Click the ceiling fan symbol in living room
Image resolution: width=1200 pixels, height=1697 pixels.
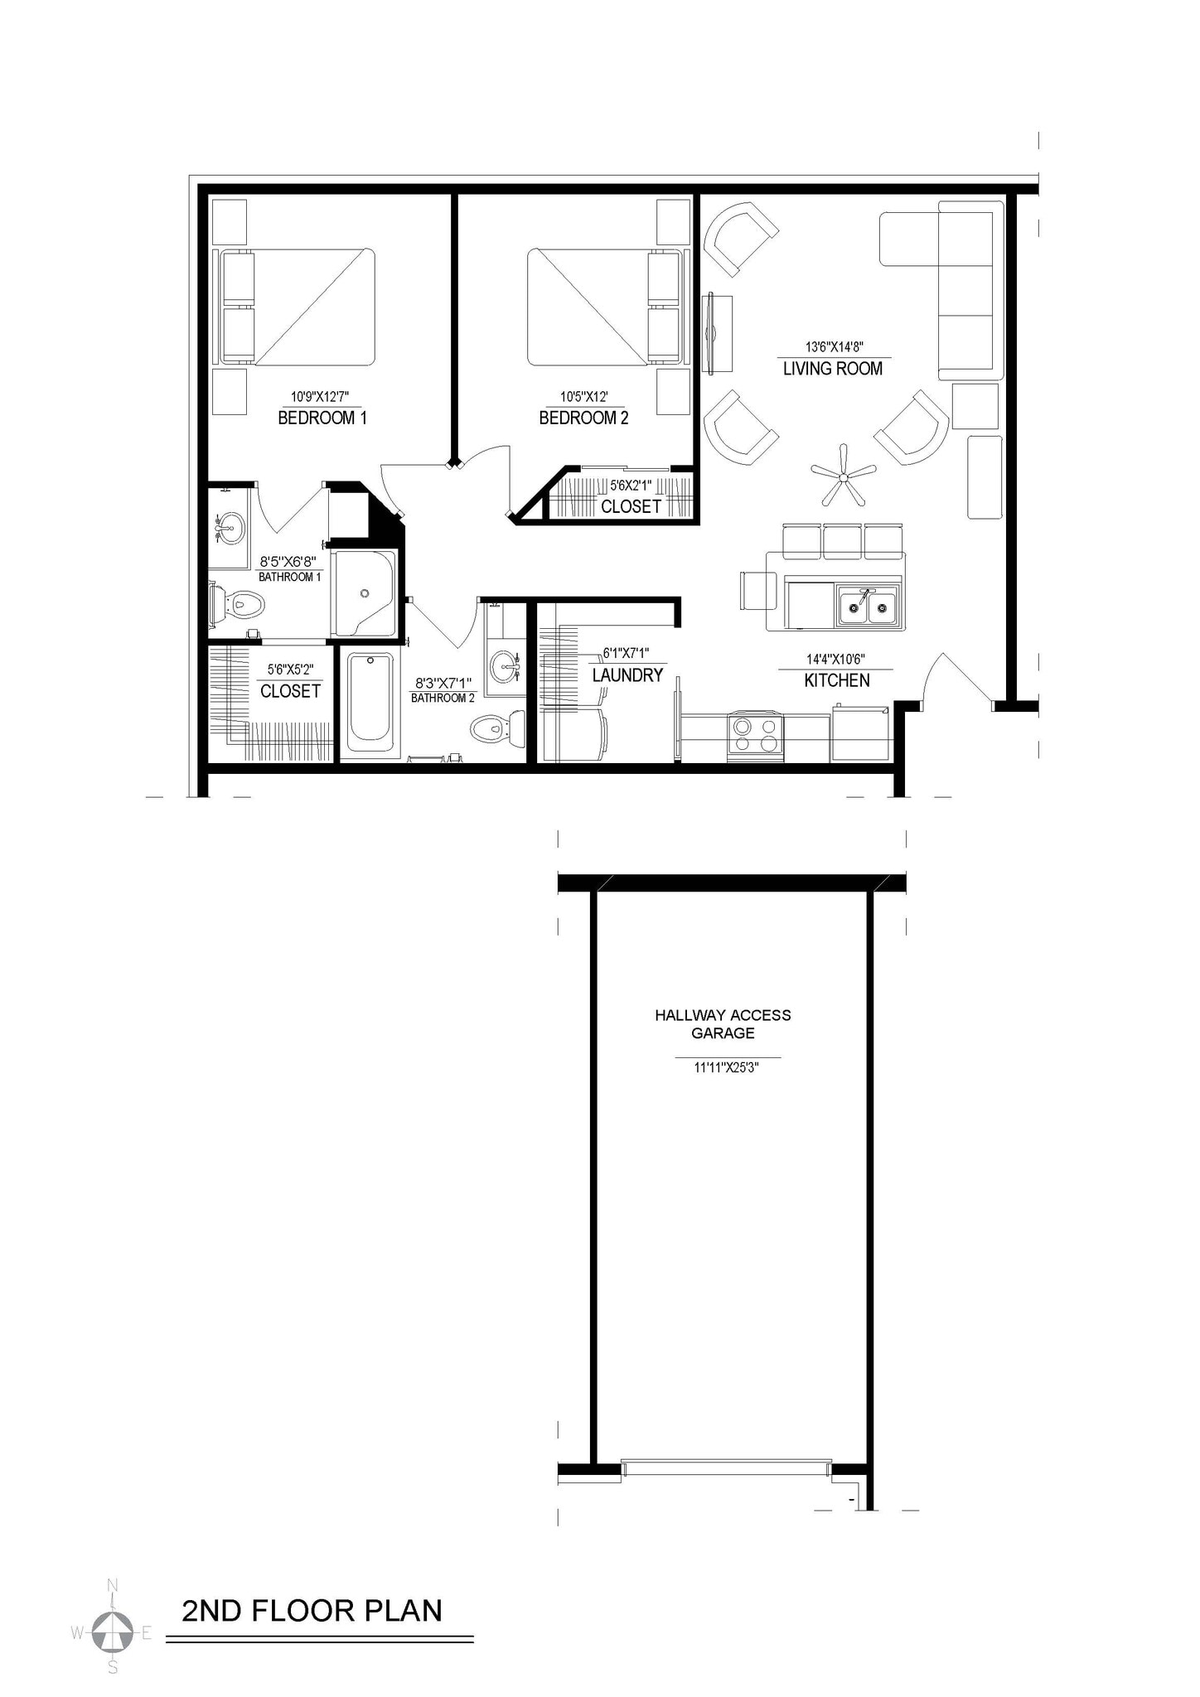click(x=843, y=476)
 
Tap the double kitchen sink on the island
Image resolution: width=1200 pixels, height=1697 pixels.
click(x=868, y=607)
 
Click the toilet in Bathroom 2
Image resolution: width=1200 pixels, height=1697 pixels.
click(x=496, y=729)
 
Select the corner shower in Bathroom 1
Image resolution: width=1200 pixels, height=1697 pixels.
click(x=364, y=593)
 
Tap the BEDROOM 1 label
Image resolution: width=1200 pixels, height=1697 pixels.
click(x=322, y=418)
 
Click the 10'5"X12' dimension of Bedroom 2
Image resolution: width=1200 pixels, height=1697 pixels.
click(x=583, y=397)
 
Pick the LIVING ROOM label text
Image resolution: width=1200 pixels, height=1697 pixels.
click(x=832, y=369)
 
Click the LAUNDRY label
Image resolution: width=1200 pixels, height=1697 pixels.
click(x=627, y=675)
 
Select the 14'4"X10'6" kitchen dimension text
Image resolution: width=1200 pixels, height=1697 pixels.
click(x=835, y=660)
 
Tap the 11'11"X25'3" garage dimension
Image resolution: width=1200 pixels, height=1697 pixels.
click(x=727, y=1068)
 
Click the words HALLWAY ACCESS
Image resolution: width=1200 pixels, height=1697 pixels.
click(x=723, y=1015)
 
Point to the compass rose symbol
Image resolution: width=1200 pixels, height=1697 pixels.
click(x=112, y=1632)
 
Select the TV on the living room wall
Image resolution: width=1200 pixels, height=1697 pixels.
click(x=709, y=334)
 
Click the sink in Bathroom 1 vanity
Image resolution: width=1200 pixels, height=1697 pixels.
click(x=230, y=526)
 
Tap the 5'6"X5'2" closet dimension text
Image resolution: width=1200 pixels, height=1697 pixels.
click(x=290, y=670)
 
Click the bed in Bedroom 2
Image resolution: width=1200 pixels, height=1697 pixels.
click(x=588, y=307)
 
